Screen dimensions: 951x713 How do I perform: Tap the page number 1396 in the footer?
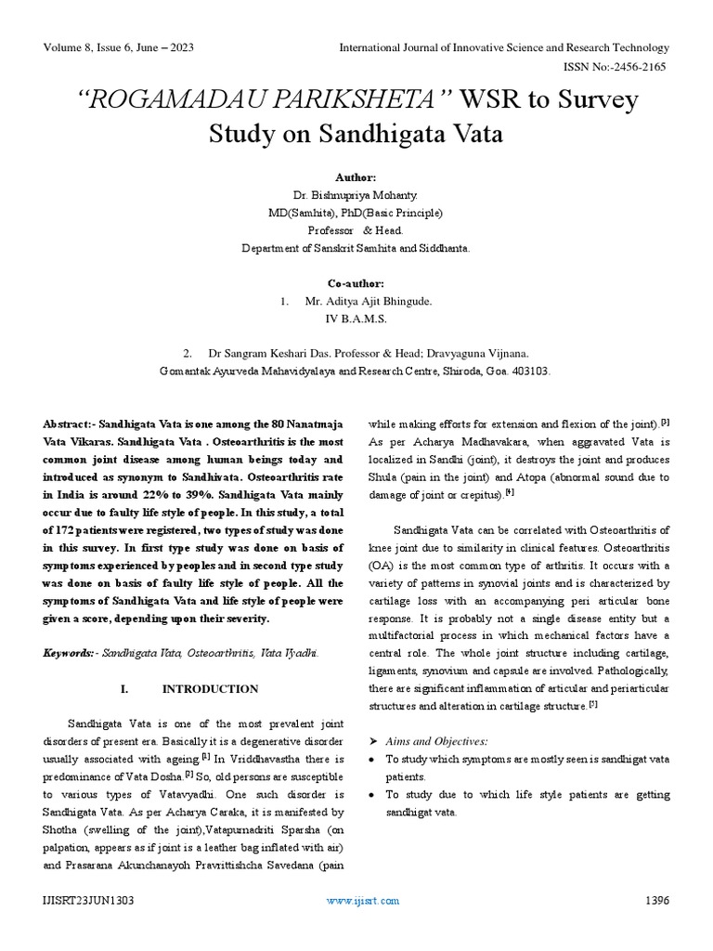pyautogui.click(x=655, y=900)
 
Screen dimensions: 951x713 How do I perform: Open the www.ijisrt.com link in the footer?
pyautogui.click(x=363, y=900)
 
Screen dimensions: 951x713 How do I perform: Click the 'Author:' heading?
pyautogui.click(x=356, y=177)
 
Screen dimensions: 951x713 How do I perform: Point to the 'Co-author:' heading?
pyautogui.click(x=356, y=283)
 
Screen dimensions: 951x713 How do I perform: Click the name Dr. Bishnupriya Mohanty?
pyautogui.click(x=356, y=195)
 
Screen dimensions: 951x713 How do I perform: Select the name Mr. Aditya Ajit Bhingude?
pyautogui.click(x=369, y=301)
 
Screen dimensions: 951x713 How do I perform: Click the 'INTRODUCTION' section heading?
pyautogui.click(x=211, y=689)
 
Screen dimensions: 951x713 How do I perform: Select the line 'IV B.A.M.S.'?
pyautogui.click(x=356, y=319)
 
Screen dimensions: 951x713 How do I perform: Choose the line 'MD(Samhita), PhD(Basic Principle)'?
pyautogui.click(x=356, y=213)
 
